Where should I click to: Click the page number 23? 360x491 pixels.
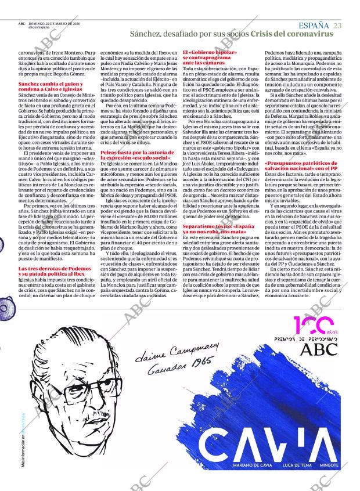tap(337, 25)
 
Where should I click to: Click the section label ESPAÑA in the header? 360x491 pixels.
tap(314, 25)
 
